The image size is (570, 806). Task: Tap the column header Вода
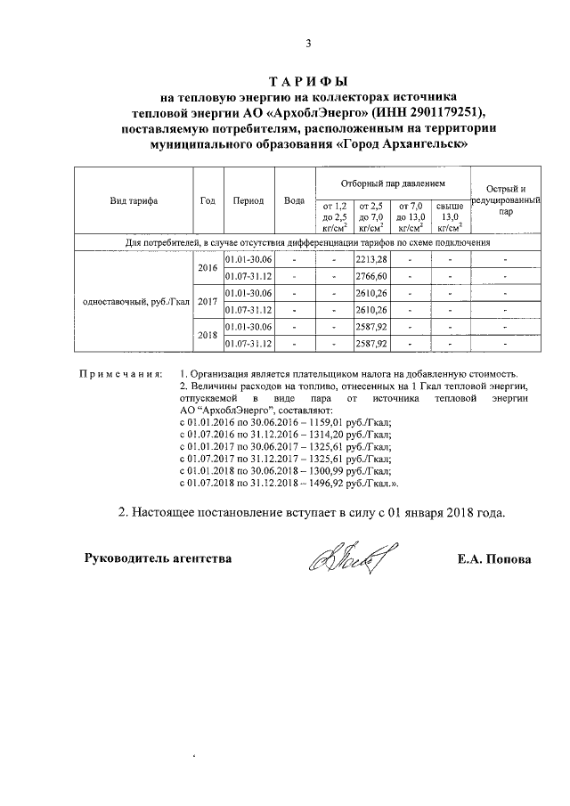293,201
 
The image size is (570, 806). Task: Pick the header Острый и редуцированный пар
505,201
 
